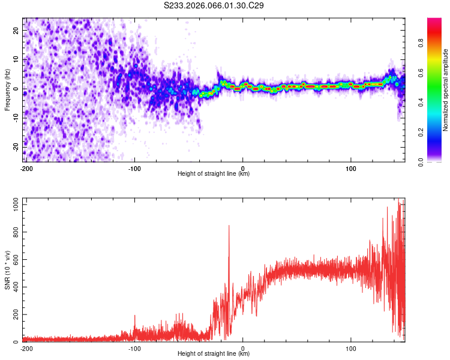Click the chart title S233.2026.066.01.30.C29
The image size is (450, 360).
tap(214, 6)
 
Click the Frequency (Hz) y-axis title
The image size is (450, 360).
tap(8, 89)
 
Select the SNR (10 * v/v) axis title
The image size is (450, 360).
tap(8, 270)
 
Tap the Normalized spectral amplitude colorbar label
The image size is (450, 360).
tap(446, 89)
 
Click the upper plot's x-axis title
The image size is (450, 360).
tap(214, 174)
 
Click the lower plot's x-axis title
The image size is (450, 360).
tap(214, 354)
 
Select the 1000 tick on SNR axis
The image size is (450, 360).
tap(13, 205)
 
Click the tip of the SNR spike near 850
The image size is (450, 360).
tap(229, 226)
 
